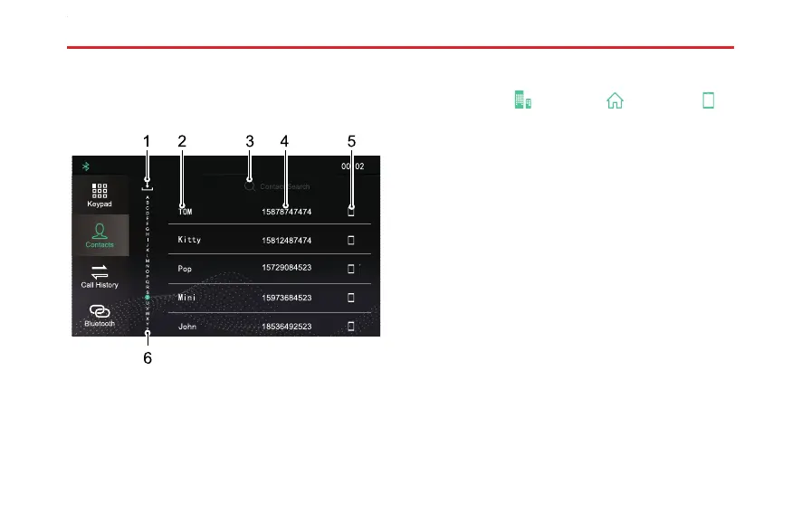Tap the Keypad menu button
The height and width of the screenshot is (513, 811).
pos(100,195)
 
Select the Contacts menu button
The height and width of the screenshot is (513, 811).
pos(100,234)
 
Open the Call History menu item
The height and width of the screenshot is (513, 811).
pos(100,275)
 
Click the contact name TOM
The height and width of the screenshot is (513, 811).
pos(186,211)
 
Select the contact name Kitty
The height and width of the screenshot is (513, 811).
pos(189,240)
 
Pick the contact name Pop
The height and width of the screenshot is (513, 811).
pos(185,269)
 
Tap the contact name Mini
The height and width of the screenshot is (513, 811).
pos(186,297)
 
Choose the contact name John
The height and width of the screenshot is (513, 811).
pos(187,326)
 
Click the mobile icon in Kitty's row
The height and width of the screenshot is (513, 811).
pos(351,241)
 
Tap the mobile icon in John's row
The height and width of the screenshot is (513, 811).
pos(351,326)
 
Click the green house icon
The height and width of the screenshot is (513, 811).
pos(615,100)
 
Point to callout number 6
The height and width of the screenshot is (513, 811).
pos(148,358)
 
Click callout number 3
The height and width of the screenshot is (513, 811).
pos(250,141)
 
